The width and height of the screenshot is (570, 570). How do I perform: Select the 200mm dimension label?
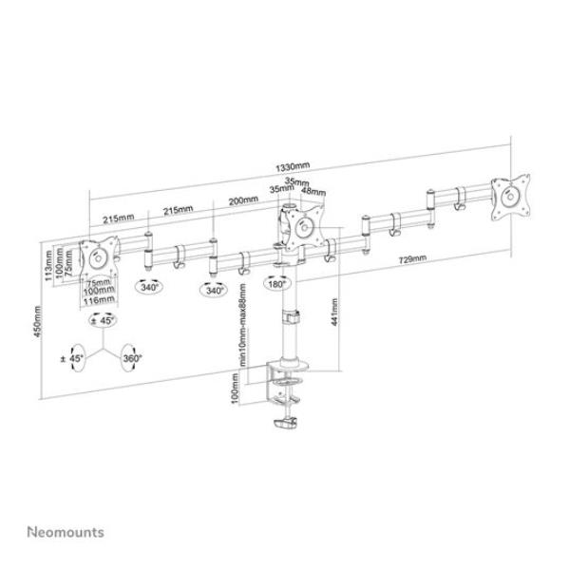[x=243, y=201]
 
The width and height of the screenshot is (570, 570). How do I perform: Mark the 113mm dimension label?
[x=48, y=259]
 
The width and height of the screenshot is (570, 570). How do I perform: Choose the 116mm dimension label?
[x=100, y=300]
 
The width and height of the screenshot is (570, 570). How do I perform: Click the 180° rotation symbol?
[x=276, y=284]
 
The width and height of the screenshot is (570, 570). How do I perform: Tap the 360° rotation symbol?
[x=133, y=359]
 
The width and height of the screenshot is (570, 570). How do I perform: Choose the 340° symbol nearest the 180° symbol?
[x=216, y=289]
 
